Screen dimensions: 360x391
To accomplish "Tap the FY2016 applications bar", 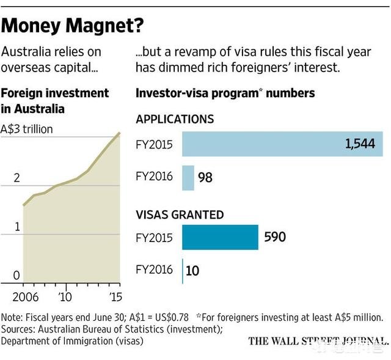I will click(188, 177).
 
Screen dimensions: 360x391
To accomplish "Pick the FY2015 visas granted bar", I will click(220, 237).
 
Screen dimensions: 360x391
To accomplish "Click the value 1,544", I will click(360, 145).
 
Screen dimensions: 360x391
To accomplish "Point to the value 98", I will click(206, 178).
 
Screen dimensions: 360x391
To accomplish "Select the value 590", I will click(274, 237).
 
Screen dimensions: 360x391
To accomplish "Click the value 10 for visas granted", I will click(192, 270).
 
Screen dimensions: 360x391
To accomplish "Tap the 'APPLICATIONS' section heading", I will click(175, 119).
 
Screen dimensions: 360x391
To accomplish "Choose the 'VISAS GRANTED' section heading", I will click(180, 215).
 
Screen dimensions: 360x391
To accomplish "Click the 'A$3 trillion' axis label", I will click(27, 130).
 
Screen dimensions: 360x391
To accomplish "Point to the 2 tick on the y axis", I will click(17, 178).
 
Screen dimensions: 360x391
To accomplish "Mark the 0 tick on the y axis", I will click(17, 276).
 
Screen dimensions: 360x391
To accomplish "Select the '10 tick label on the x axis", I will click(65, 298).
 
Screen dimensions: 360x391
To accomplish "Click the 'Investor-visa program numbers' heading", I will click(225, 94).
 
